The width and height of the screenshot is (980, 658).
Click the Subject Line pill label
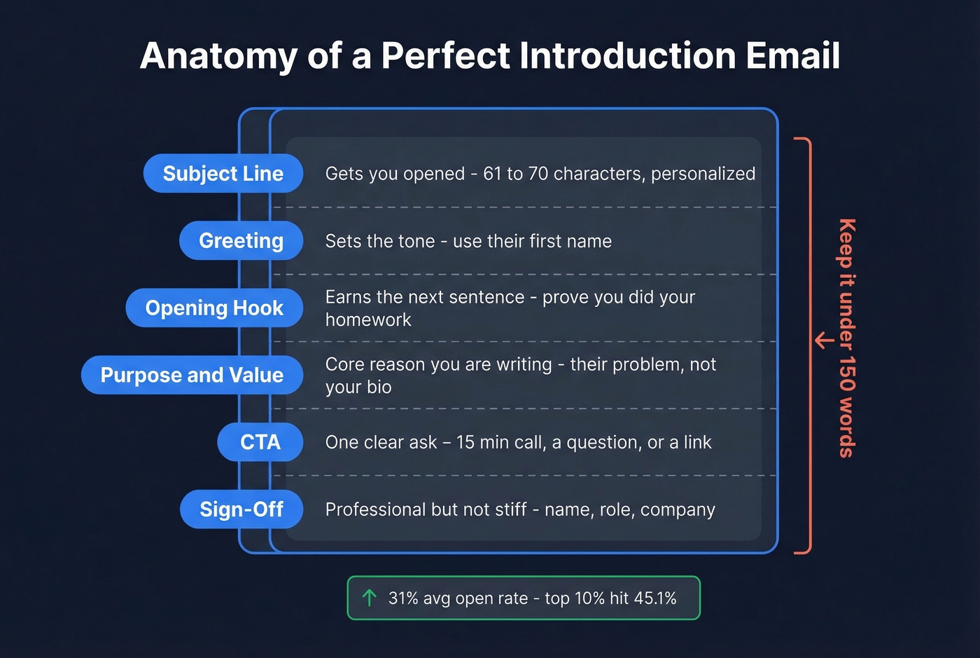[x=223, y=174]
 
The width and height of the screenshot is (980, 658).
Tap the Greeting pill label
[x=241, y=241]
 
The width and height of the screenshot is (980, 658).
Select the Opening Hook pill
[x=214, y=308]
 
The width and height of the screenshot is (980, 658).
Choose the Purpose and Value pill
[x=192, y=375]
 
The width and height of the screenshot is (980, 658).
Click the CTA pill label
[x=260, y=442]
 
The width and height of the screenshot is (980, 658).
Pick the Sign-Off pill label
[x=241, y=509]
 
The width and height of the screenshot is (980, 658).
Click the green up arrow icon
[x=370, y=598]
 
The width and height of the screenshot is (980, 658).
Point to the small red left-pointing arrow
[x=825, y=341]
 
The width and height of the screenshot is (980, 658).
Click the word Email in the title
[x=792, y=56]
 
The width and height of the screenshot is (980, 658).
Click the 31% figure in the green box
[x=404, y=598]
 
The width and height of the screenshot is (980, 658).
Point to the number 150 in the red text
[x=847, y=374]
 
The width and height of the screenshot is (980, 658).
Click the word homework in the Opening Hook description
[x=368, y=320]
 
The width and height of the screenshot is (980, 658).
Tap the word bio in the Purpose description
[x=379, y=388]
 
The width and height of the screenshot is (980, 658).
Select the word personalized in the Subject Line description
[x=703, y=174]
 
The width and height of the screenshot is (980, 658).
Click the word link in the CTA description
[x=697, y=443]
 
